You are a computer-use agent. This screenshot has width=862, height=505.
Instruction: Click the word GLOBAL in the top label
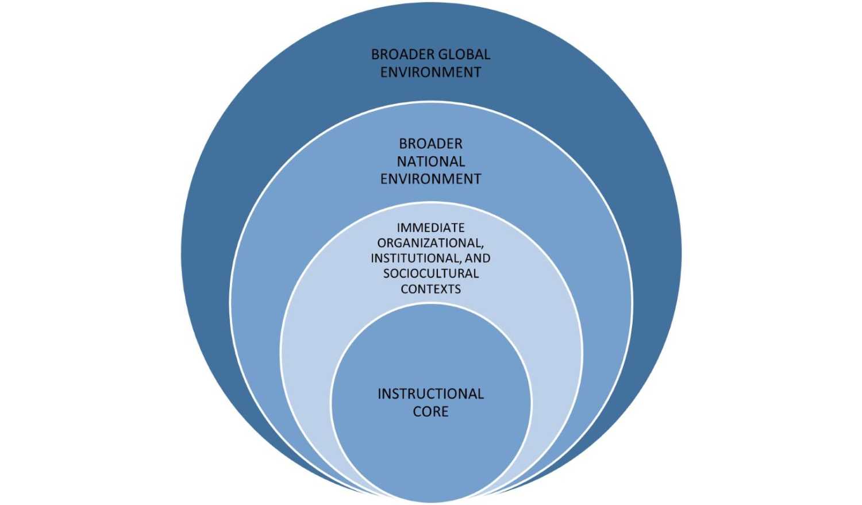(464, 55)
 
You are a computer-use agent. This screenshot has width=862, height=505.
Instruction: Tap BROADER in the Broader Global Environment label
(402, 55)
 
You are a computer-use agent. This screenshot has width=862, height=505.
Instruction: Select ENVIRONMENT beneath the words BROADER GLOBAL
(430, 72)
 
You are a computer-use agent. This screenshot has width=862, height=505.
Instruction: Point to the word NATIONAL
(430, 161)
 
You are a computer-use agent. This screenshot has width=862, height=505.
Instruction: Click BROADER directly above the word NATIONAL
(430, 144)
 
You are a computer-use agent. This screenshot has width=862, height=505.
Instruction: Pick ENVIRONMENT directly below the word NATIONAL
(430, 179)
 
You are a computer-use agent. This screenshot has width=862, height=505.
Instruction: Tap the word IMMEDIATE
(430, 228)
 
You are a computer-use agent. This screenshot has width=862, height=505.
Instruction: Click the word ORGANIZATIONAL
(430, 243)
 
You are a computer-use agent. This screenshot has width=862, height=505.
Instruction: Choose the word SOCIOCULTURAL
(430, 273)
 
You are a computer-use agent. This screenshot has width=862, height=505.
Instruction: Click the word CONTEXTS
(430, 289)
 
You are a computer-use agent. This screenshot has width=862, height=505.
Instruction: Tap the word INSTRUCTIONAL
(430, 394)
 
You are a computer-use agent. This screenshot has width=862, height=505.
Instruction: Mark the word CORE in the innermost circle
(430, 412)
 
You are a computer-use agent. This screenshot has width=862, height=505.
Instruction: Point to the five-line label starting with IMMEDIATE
(430, 259)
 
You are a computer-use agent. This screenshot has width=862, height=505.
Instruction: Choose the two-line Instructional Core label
(430, 403)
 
